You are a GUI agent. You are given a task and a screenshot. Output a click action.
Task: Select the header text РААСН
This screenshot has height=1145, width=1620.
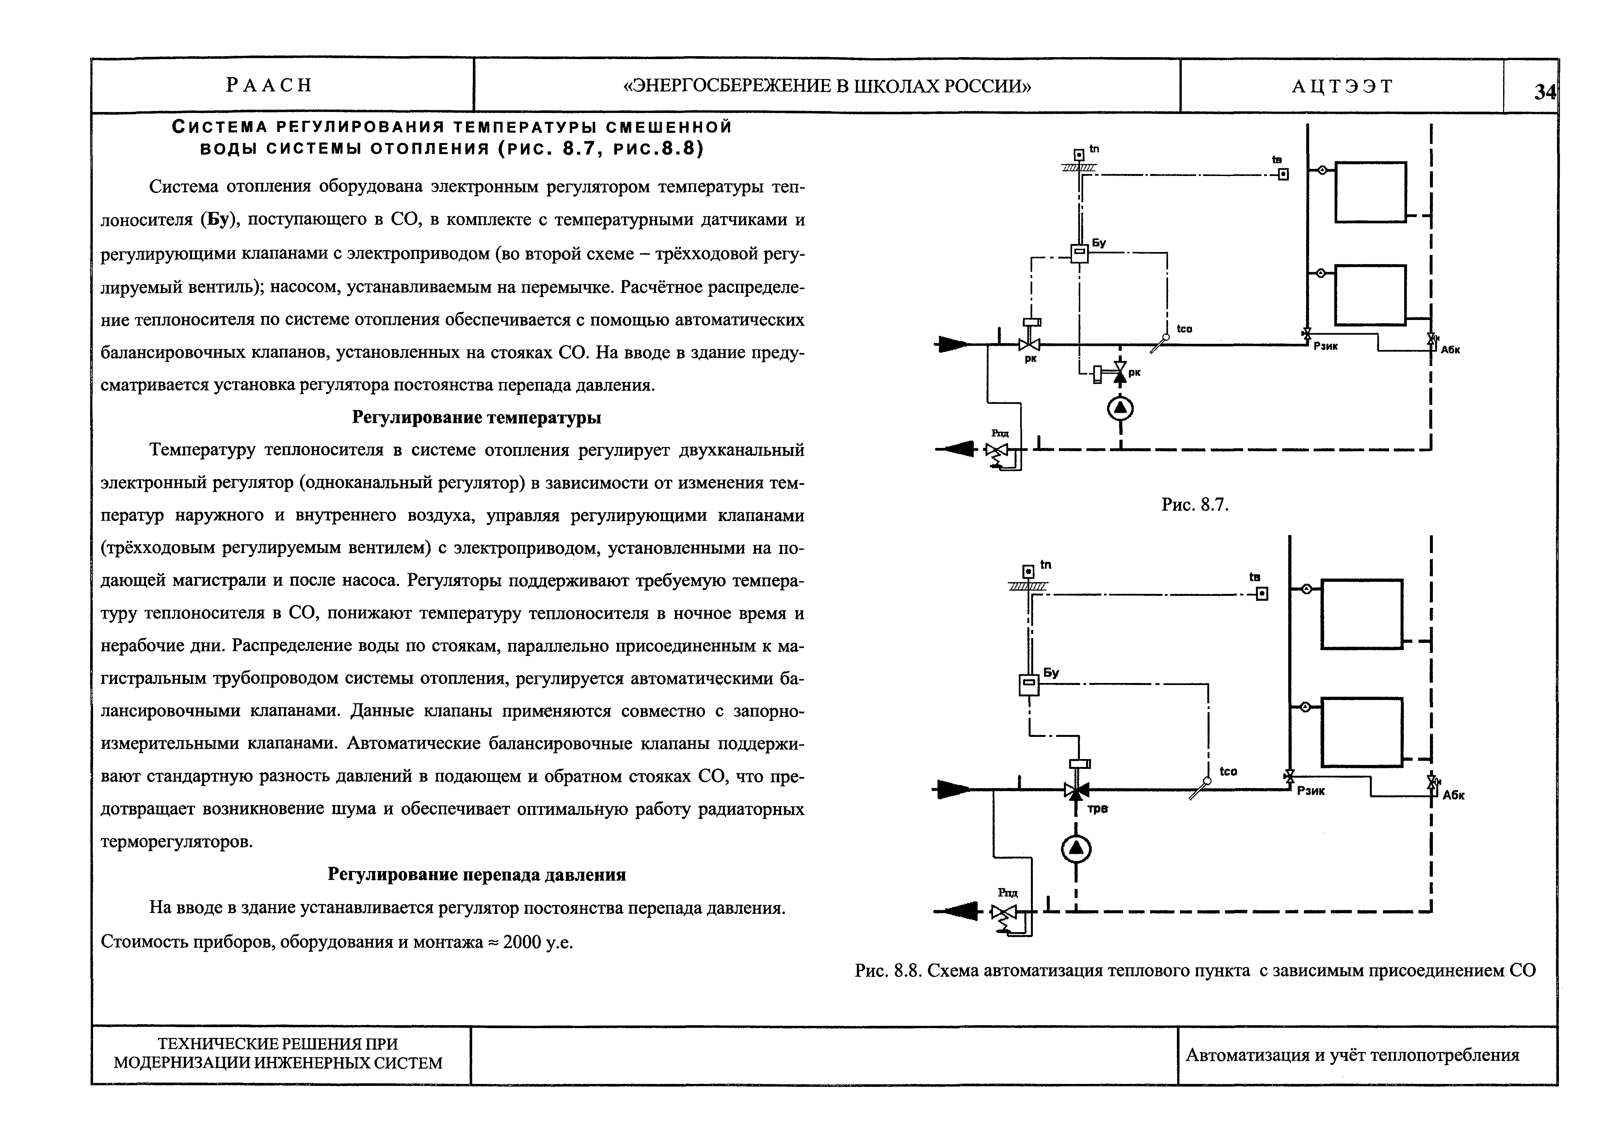pos(269,85)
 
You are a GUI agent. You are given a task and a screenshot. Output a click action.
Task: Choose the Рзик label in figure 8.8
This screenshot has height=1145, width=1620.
pos(1311,791)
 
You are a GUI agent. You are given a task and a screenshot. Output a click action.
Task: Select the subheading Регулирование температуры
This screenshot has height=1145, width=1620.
pos(476,418)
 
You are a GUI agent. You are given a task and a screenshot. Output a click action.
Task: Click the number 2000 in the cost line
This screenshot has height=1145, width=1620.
pos(521,942)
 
